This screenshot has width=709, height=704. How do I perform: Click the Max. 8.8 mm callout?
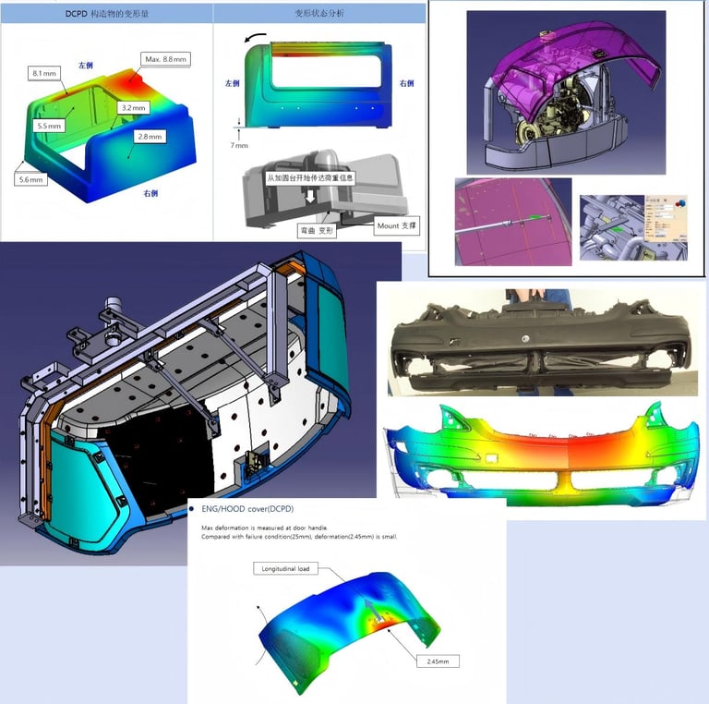pyautogui.click(x=166, y=59)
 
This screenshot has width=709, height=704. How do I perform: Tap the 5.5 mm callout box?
pyautogui.click(x=49, y=125)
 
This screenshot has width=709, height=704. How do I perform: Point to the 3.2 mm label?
pyautogui.click(x=134, y=108)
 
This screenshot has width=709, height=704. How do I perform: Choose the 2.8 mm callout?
pyautogui.click(x=149, y=137)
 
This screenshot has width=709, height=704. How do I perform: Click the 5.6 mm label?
pyautogui.click(x=31, y=179)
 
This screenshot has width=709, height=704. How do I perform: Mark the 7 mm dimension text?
pyautogui.click(x=239, y=145)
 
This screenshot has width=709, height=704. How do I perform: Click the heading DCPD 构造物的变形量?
pyautogui.click(x=107, y=14)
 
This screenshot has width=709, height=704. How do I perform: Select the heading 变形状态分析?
pyautogui.click(x=319, y=14)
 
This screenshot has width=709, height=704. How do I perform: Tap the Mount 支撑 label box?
pyautogui.click(x=397, y=225)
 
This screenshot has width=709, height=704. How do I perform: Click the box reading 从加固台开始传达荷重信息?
pyautogui.click(x=309, y=176)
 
